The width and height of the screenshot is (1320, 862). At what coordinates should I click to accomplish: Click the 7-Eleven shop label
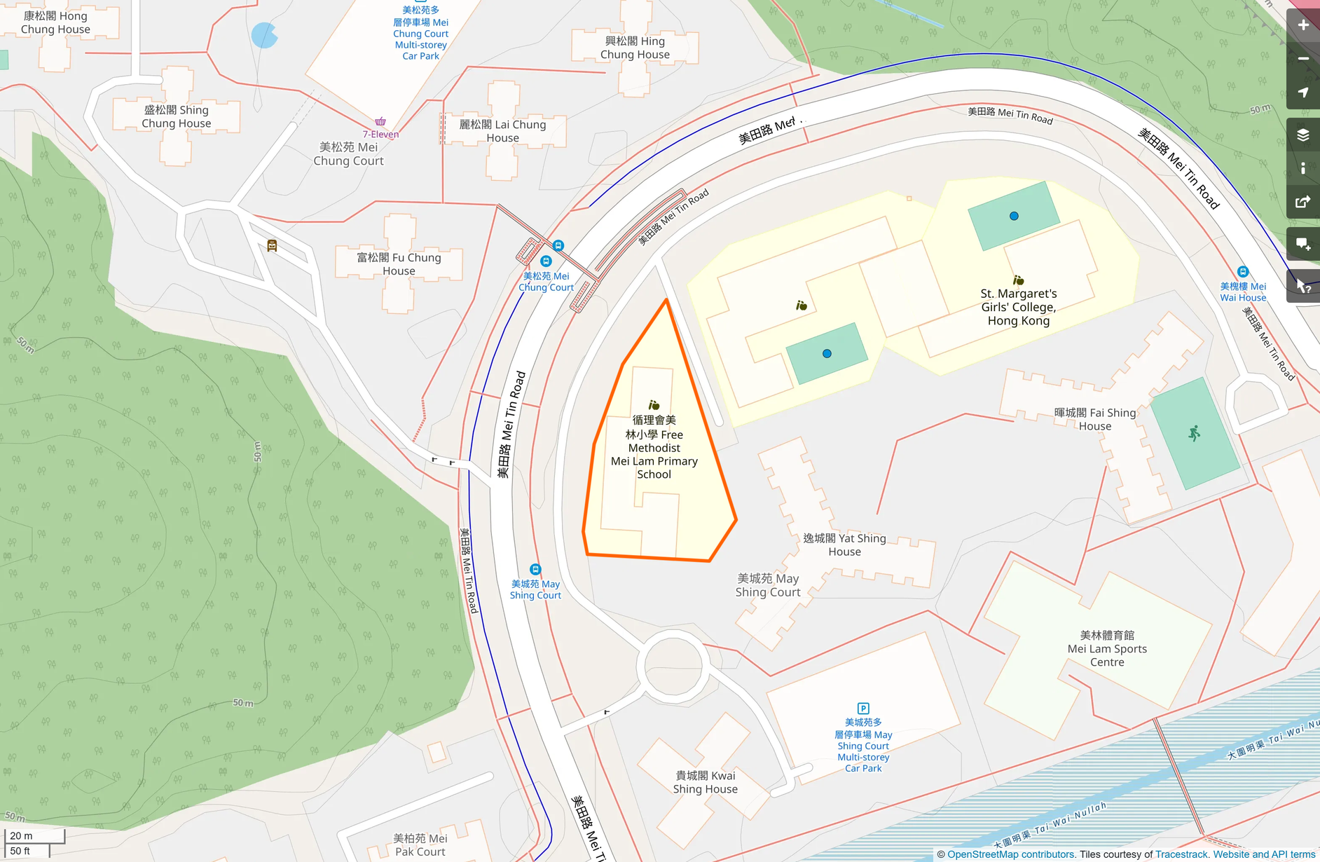380,134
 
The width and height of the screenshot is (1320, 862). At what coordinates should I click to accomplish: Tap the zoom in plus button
1303,25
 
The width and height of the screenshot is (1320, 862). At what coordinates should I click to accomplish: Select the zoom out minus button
1303,59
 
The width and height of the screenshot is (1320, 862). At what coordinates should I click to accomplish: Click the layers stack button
1303,135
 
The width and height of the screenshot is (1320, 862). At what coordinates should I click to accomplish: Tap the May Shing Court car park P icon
863,709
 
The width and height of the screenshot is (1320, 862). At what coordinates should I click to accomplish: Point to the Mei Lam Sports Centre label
1107,648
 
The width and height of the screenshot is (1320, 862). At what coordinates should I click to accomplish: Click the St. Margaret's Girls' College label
1018,307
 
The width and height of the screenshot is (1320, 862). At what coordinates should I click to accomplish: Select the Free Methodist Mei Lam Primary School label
654,447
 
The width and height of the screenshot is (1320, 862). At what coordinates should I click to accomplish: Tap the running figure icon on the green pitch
1195,433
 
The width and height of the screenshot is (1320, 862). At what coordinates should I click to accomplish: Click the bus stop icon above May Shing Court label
535,569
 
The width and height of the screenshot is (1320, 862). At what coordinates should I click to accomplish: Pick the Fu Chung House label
399,264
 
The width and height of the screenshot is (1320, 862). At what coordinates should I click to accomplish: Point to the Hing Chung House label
635,48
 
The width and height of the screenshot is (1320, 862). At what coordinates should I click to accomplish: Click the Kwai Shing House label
705,782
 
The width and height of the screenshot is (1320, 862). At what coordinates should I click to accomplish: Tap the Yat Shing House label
844,545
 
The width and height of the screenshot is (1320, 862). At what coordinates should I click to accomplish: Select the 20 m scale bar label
22,835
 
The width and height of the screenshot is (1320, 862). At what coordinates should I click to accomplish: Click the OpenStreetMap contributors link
1010,854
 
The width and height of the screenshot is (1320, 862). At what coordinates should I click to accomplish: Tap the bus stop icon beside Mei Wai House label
1243,272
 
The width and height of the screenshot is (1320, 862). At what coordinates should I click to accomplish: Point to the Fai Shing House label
1094,419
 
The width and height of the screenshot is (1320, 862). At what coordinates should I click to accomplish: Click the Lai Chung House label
502,131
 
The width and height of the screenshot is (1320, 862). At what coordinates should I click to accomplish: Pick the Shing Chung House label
176,116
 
